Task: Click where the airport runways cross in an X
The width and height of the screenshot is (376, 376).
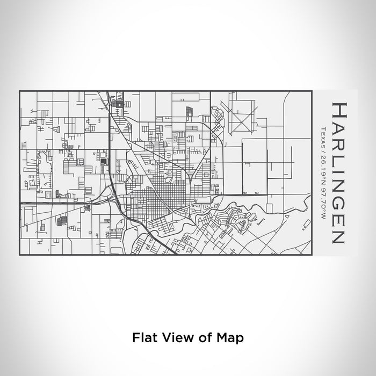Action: (x=242, y=115)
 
